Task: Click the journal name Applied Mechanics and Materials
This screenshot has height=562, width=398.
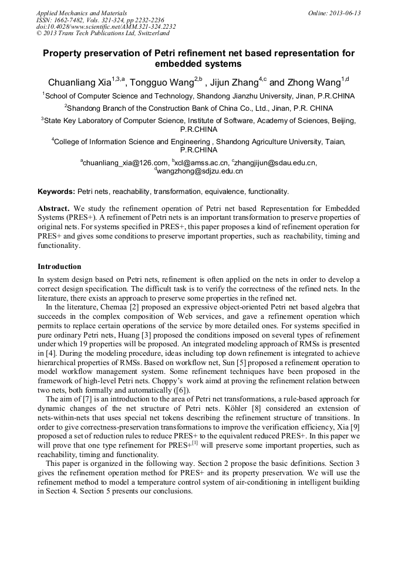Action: (x=82, y=13)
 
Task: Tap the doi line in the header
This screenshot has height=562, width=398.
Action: (x=106, y=27)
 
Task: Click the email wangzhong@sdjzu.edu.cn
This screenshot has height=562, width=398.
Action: (x=200, y=171)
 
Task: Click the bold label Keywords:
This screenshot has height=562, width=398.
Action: (x=56, y=192)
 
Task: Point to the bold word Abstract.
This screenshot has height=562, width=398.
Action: (x=55, y=209)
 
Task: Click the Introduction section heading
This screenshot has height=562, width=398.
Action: (x=59, y=267)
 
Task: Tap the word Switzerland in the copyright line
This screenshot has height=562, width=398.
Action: (x=147, y=34)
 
